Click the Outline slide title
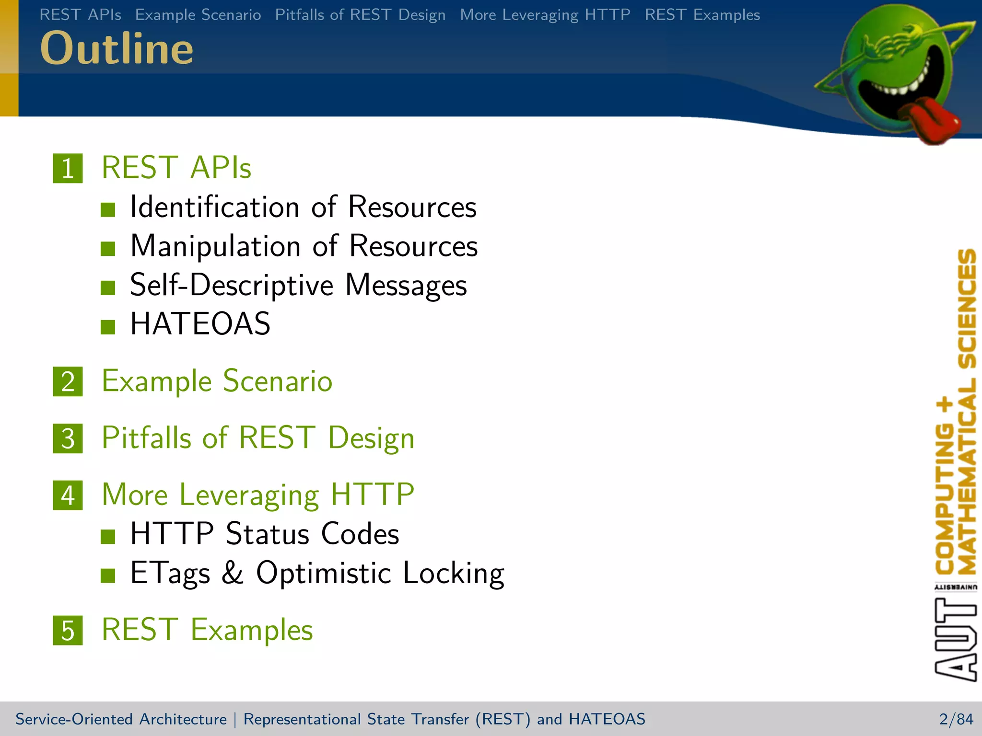tap(117, 48)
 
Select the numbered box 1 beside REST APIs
tap(68, 168)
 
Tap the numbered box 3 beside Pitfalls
tap(68, 438)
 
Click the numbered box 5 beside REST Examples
tap(68, 630)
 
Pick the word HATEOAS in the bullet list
tap(200, 324)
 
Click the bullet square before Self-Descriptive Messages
tap(108, 287)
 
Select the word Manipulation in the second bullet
tap(215, 246)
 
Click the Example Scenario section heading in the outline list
tap(217, 381)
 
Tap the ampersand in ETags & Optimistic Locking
tap(233, 573)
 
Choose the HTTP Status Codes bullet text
tap(264, 534)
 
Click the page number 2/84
tap(956, 719)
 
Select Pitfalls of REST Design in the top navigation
tap(360, 15)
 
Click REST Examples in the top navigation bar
tap(702, 15)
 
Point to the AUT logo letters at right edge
tap(955, 640)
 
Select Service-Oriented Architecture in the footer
tap(121, 719)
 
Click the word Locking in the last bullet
tap(453, 573)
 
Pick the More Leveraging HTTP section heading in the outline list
tap(258, 495)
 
